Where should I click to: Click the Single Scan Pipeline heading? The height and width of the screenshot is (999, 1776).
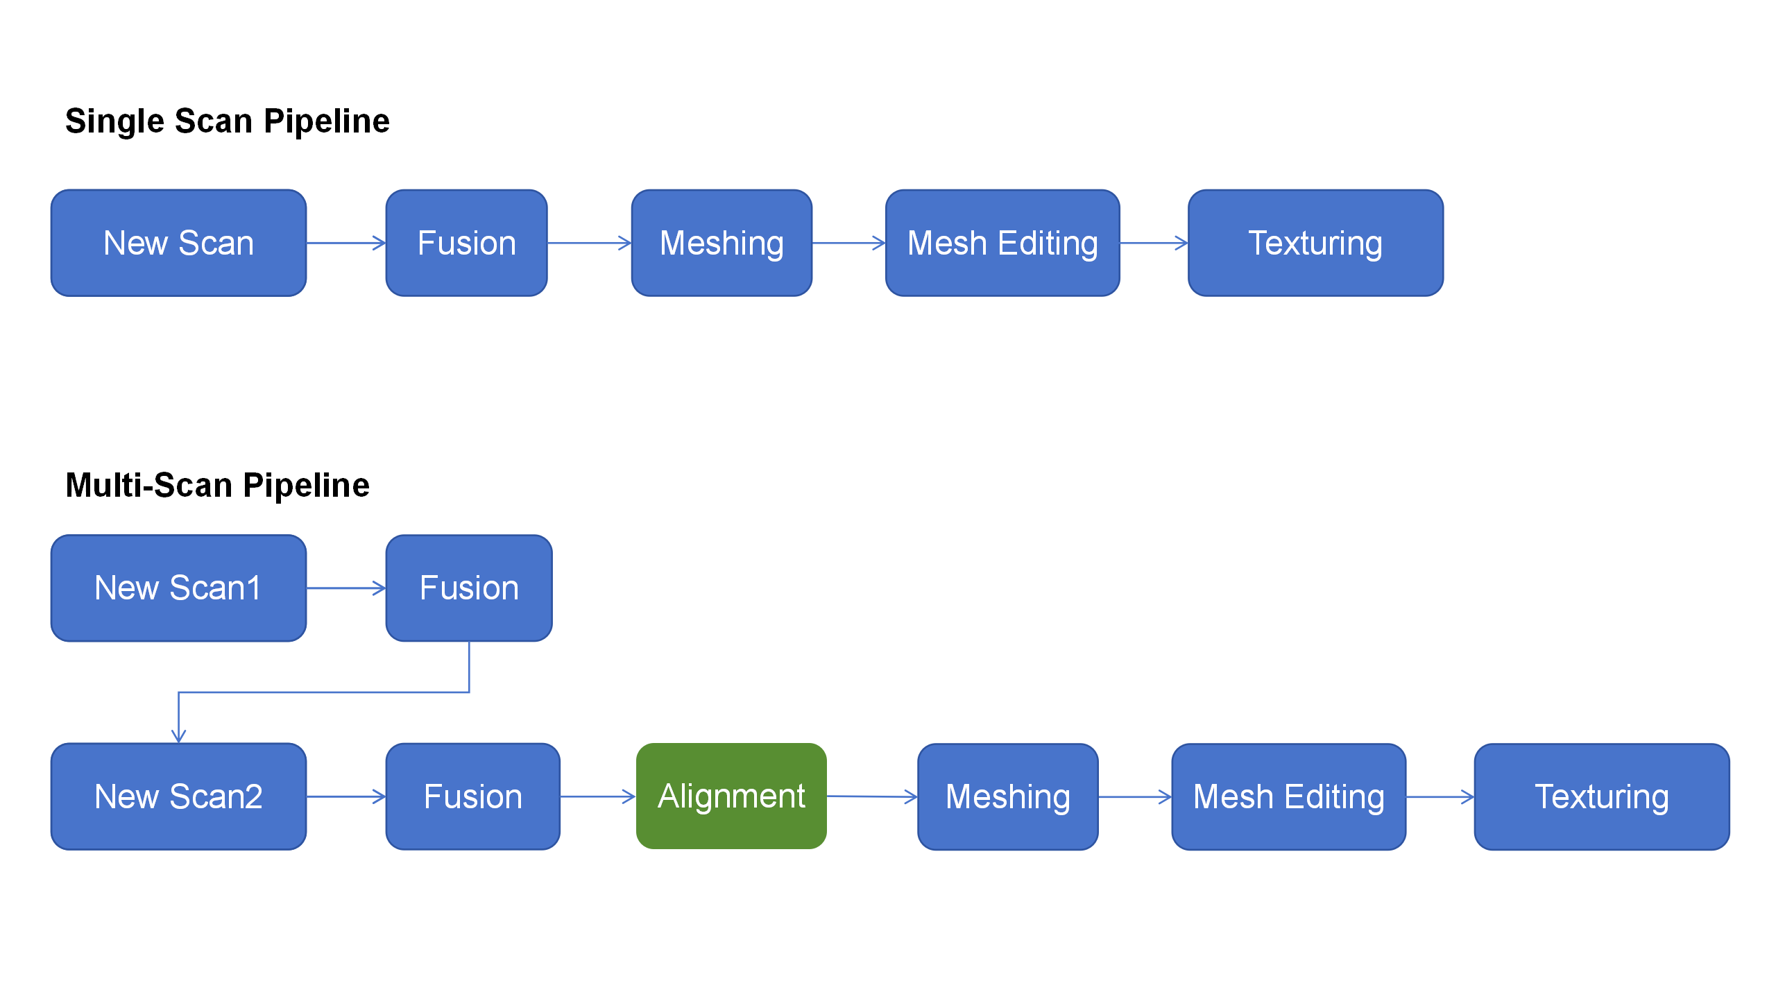[x=227, y=121]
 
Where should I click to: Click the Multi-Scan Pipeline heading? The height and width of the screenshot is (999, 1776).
[x=217, y=485]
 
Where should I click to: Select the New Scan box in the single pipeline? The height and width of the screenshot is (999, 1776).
[x=178, y=243]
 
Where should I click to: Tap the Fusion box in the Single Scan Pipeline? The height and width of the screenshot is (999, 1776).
[x=466, y=243]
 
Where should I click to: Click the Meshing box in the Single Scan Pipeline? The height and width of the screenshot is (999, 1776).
[x=721, y=243]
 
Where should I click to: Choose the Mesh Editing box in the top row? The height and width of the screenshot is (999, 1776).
[x=1002, y=243]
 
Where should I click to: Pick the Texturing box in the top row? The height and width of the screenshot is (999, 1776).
[x=1315, y=243]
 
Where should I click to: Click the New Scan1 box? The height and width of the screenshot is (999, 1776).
[x=178, y=588]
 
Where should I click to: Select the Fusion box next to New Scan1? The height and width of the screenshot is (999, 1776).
[x=469, y=588]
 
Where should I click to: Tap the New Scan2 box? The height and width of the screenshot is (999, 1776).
[x=178, y=796]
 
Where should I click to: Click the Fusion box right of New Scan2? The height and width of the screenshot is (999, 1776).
[x=472, y=796]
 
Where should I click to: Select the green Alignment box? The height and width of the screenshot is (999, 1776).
[x=731, y=796]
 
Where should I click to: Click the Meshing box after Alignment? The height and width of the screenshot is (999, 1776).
[x=1007, y=796]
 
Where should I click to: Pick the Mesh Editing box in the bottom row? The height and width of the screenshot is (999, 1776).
[x=1288, y=796]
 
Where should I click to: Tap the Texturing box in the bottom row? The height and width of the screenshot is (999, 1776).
[x=1601, y=796]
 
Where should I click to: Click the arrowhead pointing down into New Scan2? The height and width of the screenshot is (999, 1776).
[x=178, y=736]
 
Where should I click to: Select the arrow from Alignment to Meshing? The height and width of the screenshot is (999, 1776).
[x=871, y=796]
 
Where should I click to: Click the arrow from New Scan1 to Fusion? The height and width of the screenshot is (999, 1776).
[x=345, y=588]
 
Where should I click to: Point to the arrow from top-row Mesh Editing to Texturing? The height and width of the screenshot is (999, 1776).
[x=1153, y=243]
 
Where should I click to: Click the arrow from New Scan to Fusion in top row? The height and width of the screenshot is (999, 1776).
[x=345, y=243]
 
